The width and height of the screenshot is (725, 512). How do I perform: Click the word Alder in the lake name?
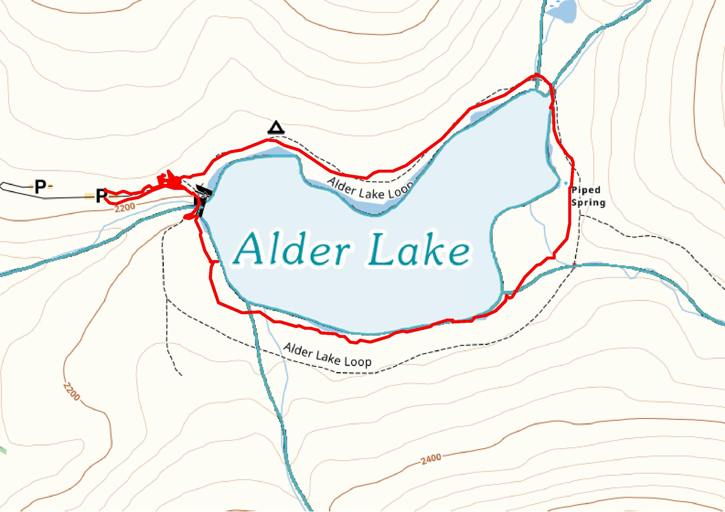point(289,250)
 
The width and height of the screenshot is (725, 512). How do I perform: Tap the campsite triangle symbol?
point(276,128)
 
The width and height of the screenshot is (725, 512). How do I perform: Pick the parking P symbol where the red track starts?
point(101,196)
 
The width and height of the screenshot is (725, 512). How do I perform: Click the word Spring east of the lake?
point(588,202)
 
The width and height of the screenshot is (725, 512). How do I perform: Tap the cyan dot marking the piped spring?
point(566,183)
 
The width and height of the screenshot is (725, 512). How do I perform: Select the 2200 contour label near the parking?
point(125,207)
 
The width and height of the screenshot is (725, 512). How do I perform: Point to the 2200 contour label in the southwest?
point(71,392)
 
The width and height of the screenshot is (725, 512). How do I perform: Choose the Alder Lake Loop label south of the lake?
point(328,355)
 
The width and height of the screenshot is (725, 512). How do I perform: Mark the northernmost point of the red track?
point(535,75)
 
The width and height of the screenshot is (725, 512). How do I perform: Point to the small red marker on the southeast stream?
point(574,264)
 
